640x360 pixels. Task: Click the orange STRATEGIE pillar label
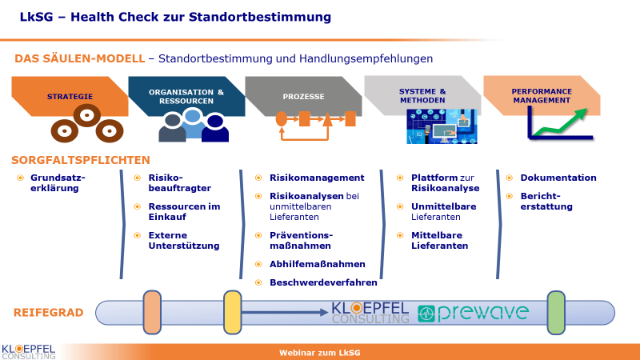[x=70, y=97]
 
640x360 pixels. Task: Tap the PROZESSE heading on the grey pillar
[x=304, y=97]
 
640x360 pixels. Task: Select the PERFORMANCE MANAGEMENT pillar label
[x=542, y=96]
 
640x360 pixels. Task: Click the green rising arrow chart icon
[x=559, y=123]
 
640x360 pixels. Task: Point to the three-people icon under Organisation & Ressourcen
[x=194, y=126]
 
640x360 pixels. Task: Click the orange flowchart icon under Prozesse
[x=315, y=126]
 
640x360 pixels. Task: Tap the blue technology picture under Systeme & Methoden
[x=442, y=126]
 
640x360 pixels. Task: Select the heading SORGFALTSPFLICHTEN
[x=81, y=160]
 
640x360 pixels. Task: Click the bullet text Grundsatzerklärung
[x=58, y=183]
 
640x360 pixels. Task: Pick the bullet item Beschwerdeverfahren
[x=323, y=282]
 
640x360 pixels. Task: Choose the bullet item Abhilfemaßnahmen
[x=317, y=264]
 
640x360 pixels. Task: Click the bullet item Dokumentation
[x=558, y=178]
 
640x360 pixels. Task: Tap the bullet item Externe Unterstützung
[x=184, y=241]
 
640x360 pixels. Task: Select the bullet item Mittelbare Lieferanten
[x=439, y=241]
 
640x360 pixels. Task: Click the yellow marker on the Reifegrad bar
[x=233, y=312]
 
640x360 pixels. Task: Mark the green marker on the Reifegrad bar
[x=556, y=313]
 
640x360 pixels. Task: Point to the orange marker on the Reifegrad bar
[x=152, y=312]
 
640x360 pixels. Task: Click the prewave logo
[x=473, y=313]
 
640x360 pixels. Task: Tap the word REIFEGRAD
[x=49, y=313]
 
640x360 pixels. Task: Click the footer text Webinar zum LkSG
[x=319, y=353]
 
